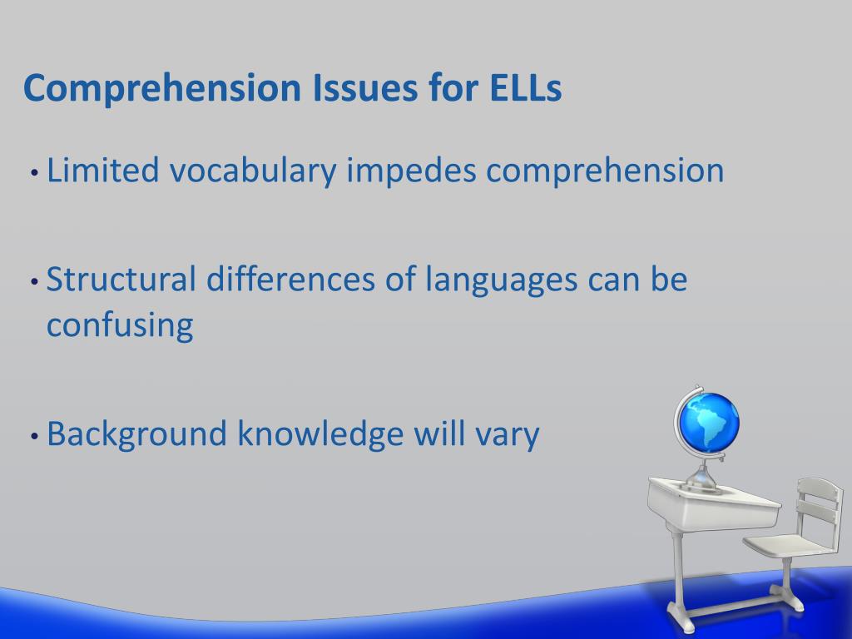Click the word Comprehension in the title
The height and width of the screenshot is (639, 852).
[162, 89]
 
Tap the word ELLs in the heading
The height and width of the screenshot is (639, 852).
[526, 87]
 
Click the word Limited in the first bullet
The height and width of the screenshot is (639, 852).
[102, 170]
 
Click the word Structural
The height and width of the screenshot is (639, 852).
[121, 279]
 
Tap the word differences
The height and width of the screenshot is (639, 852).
[290, 279]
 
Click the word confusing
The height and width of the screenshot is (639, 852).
[120, 326]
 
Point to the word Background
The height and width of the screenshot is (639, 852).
[136, 434]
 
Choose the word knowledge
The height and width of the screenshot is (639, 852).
[320, 434]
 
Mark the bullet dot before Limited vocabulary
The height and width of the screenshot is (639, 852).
[35, 173]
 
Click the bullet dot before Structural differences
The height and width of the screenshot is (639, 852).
[35, 282]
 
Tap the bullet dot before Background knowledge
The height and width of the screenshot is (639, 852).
[35, 436]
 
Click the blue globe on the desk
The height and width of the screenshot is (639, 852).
[708, 422]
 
